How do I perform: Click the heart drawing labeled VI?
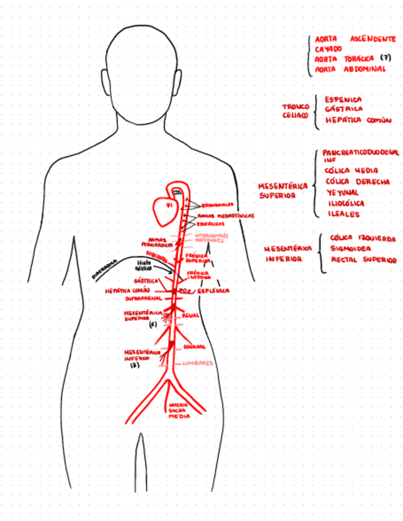pos(164,211)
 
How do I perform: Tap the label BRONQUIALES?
pos(218,205)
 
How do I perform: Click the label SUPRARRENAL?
pos(144,298)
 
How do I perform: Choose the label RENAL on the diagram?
pos(191,316)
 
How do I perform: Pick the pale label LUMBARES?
pos(197,363)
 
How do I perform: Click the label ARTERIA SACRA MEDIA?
pos(179,410)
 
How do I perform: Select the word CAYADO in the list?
pos(329,49)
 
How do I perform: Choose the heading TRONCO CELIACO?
pos(295,110)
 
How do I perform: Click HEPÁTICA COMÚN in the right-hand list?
pos(358,120)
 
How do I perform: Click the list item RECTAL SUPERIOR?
pos(364,260)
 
